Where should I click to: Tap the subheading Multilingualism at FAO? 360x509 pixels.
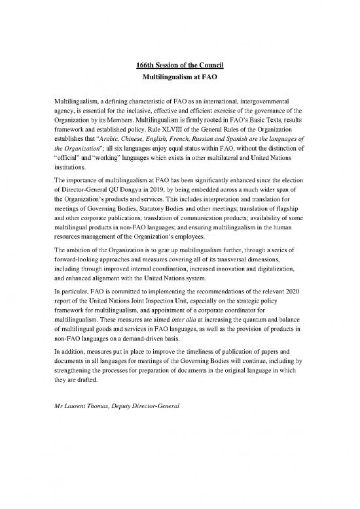pyautogui.click(x=179, y=76)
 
